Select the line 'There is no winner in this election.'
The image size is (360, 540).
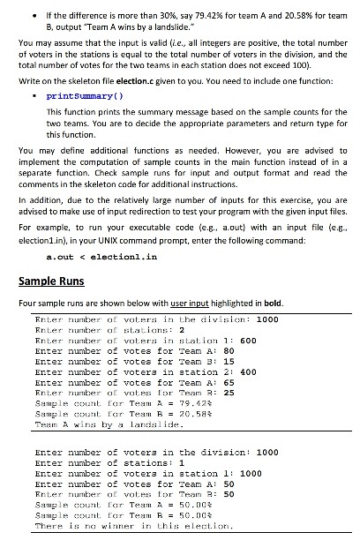pos(131,527)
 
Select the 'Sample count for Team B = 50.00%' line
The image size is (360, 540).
pos(127,515)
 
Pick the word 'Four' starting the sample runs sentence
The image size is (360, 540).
pos(26,304)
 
